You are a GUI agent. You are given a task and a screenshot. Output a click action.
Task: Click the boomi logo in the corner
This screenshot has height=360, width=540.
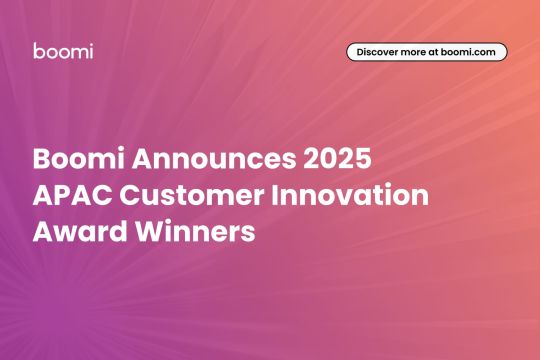[63, 51]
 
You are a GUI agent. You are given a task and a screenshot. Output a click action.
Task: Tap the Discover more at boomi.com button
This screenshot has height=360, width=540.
[426, 52]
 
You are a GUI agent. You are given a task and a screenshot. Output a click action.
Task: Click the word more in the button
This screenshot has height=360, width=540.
[421, 52]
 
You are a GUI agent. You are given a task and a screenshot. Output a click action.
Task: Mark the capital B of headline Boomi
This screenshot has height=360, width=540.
[41, 160]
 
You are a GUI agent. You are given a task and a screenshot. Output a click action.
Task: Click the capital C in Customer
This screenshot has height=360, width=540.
[133, 196]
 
